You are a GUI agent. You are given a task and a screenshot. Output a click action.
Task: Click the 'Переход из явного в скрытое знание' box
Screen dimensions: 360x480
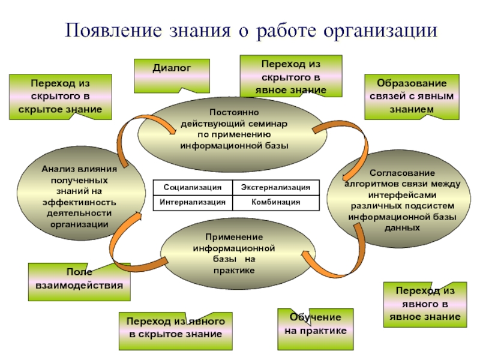tap(175, 329)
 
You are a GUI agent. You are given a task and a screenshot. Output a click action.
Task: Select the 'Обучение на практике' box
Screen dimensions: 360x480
tap(315, 325)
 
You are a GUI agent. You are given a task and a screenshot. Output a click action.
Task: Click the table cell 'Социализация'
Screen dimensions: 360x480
tap(192, 188)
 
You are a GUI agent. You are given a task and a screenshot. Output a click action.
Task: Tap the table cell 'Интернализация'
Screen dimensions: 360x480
tap(192, 203)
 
